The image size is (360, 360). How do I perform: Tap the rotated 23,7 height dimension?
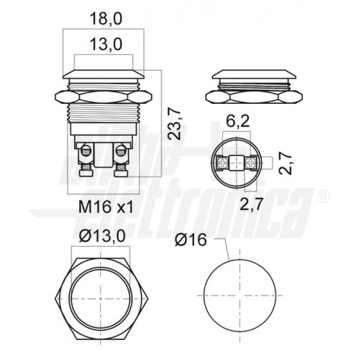[175, 123]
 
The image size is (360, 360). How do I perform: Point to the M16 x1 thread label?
[106, 207]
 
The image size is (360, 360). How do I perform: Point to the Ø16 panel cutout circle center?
[236, 296]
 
